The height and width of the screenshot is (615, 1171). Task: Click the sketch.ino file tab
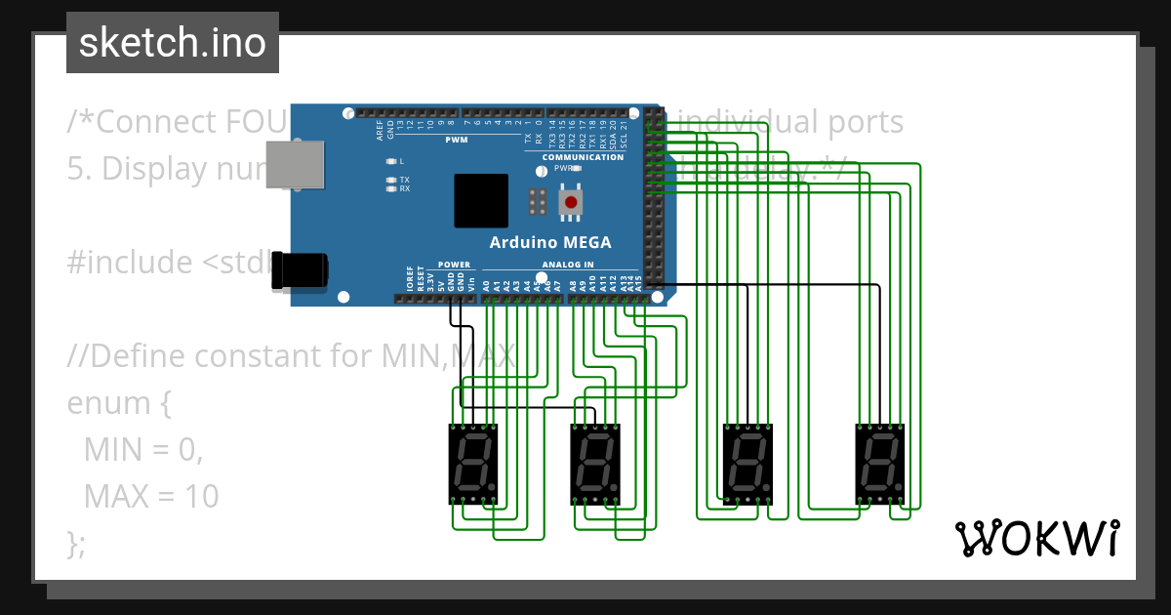172,43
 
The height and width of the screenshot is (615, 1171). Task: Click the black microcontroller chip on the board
481,201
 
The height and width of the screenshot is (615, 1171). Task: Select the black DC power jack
300,269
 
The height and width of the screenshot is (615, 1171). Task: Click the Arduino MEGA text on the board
550,242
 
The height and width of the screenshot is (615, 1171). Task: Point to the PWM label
457,141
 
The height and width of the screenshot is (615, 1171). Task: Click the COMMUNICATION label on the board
583,157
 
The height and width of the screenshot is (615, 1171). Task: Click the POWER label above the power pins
454,265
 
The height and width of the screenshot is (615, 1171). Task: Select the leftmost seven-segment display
473,464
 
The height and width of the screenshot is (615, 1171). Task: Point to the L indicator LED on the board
391,161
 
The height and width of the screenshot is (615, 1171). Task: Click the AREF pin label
380,128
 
